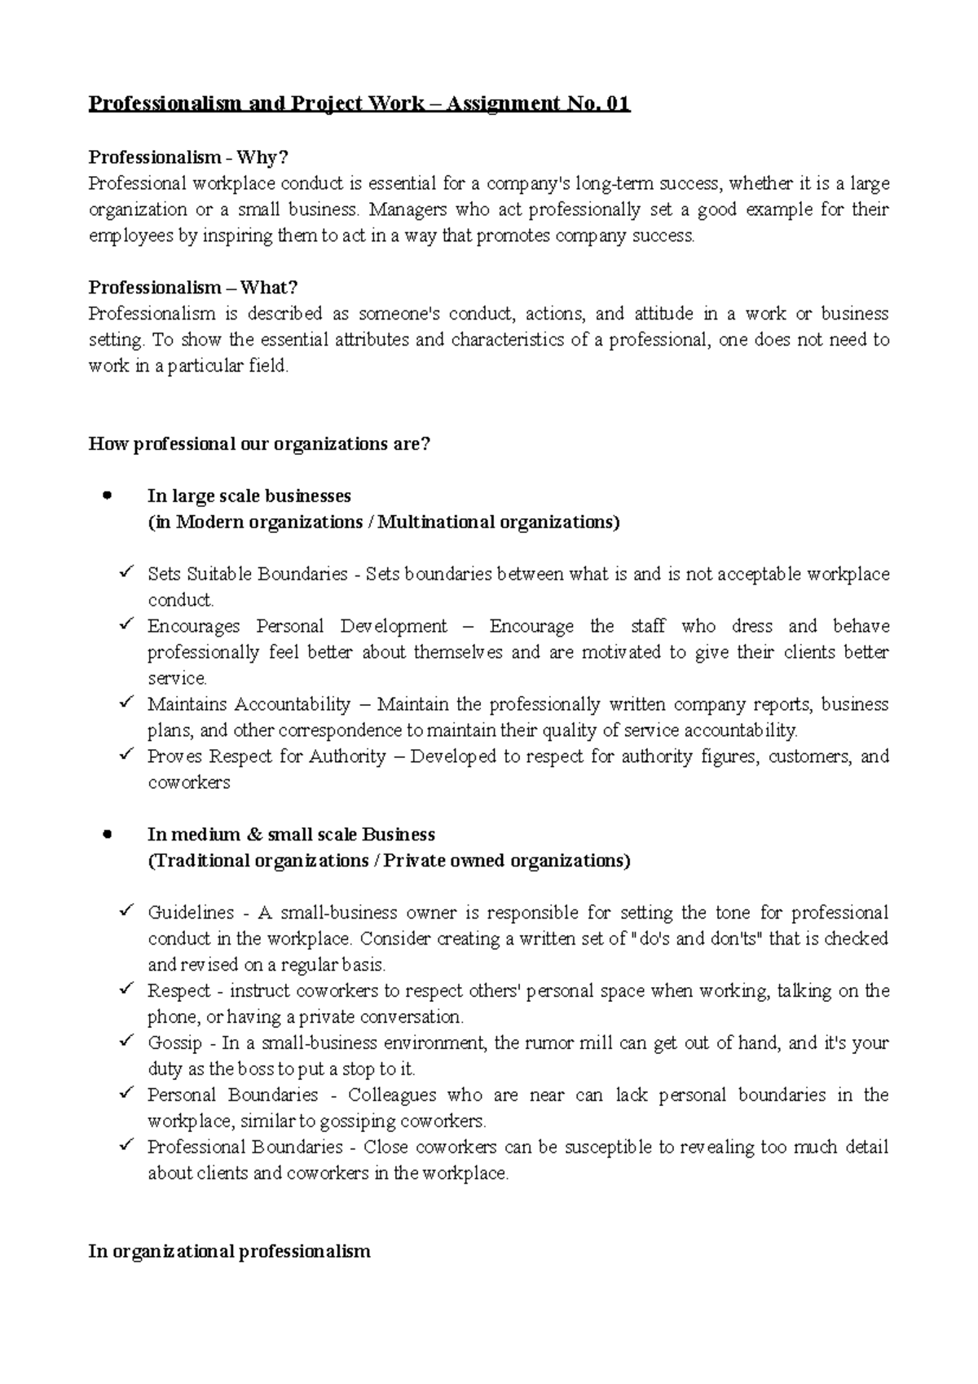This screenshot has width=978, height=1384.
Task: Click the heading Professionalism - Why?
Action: click(188, 156)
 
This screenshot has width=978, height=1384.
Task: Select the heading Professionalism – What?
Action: click(193, 287)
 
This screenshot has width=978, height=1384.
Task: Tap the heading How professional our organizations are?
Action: click(258, 444)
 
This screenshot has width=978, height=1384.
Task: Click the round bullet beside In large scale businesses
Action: click(106, 496)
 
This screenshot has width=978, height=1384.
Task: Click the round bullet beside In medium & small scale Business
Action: click(106, 834)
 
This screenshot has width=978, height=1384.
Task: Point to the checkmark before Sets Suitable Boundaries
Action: click(126, 573)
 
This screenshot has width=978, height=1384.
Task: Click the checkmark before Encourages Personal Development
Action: click(126, 625)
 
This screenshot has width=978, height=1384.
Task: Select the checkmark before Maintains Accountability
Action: click(126, 703)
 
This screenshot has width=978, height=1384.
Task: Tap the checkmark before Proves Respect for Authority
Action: click(126, 755)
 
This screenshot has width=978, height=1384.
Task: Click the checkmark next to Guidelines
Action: click(126, 911)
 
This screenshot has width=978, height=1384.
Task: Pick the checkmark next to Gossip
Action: click(126, 1042)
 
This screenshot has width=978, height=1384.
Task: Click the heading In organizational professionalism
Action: click(229, 1251)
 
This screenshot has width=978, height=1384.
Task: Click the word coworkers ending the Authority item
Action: click(188, 782)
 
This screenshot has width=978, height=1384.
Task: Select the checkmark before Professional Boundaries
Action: click(126, 1146)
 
